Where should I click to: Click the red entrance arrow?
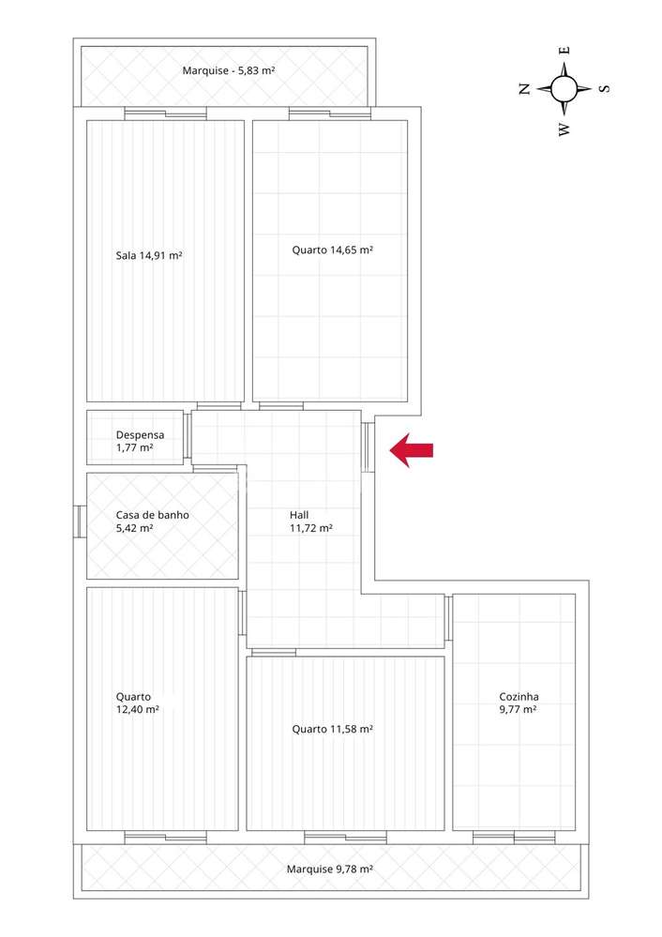click(x=412, y=450)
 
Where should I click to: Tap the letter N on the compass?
click(x=525, y=89)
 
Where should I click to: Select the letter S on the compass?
click(x=604, y=89)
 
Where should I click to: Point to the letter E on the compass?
click(x=564, y=51)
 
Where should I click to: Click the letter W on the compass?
click(x=564, y=129)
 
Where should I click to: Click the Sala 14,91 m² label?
click(x=148, y=255)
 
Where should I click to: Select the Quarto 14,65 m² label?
click(x=332, y=249)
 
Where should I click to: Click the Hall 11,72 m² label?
click(x=310, y=521)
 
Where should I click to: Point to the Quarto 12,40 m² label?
click(x=137, y=703)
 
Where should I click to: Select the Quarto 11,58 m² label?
click(x=332, y=729)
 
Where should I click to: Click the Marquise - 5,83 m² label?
click(x=228, y=70)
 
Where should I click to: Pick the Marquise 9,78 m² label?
click(x=329, y=869)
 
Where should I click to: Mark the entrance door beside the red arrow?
click(x=369, y=446)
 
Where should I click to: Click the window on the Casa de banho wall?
click(x=81, y=521)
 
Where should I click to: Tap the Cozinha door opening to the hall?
click(x=448, y=619)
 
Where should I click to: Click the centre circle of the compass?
click(x=564, y=89)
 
